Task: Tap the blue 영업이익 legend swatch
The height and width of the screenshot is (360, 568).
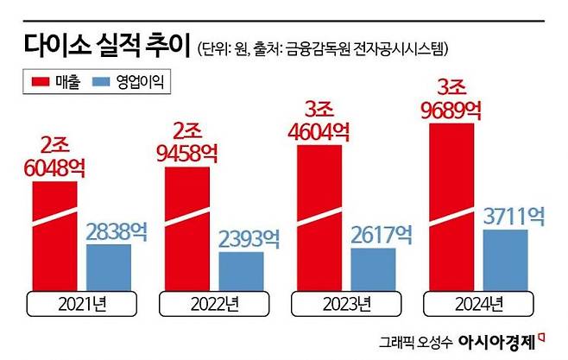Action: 103,82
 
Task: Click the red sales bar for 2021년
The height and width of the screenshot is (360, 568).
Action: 54,237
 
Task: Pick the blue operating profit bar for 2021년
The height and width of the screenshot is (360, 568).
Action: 109,268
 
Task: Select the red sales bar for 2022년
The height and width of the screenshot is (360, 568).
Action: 186,229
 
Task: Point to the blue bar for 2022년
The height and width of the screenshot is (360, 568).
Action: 241,271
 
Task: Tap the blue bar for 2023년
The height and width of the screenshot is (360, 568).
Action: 373,269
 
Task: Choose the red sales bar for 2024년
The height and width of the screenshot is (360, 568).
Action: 451,207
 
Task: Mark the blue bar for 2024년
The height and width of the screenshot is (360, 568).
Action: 505,260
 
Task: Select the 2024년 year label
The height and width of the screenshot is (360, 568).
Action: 477,304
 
